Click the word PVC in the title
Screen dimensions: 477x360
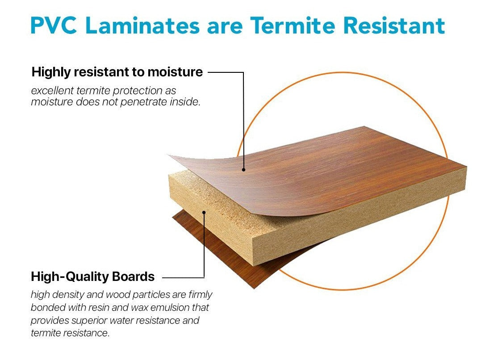click(54, 25)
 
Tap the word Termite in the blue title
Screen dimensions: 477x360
click(292, 25)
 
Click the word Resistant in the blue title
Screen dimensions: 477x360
click(394, 25)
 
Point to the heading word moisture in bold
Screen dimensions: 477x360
click(175, 72)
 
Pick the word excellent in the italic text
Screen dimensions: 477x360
click(52, 91)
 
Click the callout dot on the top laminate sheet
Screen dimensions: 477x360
click(244, 170)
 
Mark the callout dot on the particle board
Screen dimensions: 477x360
click(204, 212)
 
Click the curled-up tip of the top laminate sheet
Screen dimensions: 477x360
click(169, 155)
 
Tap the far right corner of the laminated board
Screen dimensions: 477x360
click(466, 166)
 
